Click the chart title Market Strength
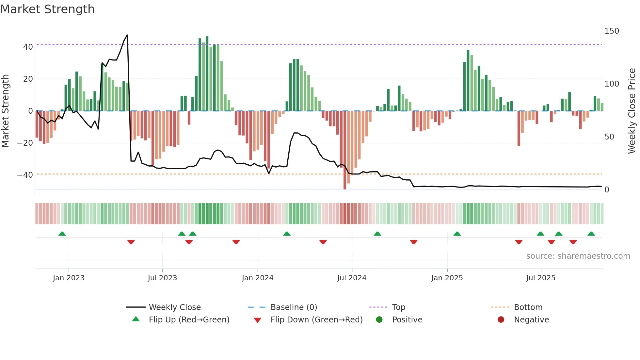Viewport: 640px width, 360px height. pyautogui.click(x=47, y=9)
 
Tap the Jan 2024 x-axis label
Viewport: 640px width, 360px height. pyautogui.click(x=258, y=278)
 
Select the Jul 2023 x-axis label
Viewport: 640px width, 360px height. pyautogui.click(x=162, y=278)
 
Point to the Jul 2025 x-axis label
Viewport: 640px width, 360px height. pyautogui.click(x=541, y=278)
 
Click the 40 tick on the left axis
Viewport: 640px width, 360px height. pyautogui.click(x=28, y=47)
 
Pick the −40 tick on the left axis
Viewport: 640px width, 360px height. pyautogui.click(x=25, y=175)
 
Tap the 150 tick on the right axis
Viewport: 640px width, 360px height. pyautogui.click(x=612, y=31)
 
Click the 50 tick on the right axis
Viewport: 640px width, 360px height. pyautogui.click(x=609, y=137)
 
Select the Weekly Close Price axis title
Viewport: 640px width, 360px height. pyautogui.click(x=632, y=111)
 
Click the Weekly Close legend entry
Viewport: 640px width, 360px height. pyautogui.click(x=175, y=307)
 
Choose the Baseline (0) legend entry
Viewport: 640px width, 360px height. pyautogui.click(x=294, y=307)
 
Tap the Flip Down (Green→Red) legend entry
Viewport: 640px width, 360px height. pyautogui.click(x=316, y=320)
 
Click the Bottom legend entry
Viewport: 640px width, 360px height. pyautogui.click(x=528, y=307)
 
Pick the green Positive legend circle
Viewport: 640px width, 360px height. pyautogui.click(x=379, y=320)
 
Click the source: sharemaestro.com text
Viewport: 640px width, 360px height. pyautogui.click(x=578, y=256)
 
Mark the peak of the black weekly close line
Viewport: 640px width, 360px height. pyautogui.click(x=127, y=35)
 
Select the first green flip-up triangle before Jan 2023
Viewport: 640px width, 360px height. pyautogui.click(x=62, y=234)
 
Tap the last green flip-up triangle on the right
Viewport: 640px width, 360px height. pyautogui.click(x=591, y=234)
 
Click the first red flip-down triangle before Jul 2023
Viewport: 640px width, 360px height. pyautogui.click(x=131, y=242)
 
